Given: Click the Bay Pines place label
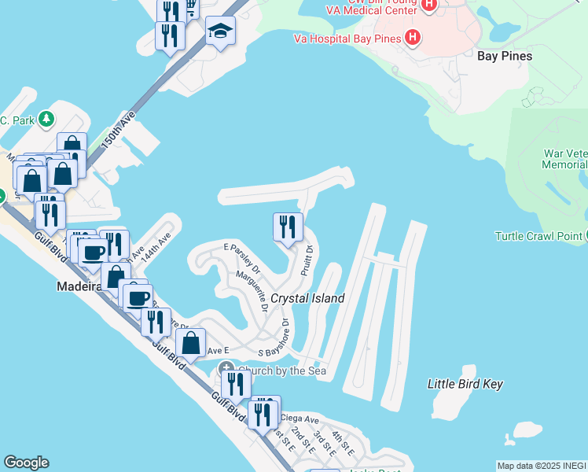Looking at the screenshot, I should [x=505, y=56].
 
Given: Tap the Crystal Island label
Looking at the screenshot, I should [x=307, y=299].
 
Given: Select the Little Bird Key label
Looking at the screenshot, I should [x=465, y=384].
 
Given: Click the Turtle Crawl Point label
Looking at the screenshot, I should [x=538, y=236].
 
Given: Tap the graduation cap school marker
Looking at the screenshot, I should [x=221, y=31].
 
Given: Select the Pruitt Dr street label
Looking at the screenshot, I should [x=307, y=261].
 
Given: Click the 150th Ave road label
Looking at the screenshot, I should [x=119, y=131].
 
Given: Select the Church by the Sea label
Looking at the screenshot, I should [x=282, y=371].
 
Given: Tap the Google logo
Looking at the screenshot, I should [x=26, y=463].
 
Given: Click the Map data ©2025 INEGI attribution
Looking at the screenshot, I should [x=542, y=466].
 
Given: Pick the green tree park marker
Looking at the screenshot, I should [x=47, y=120].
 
